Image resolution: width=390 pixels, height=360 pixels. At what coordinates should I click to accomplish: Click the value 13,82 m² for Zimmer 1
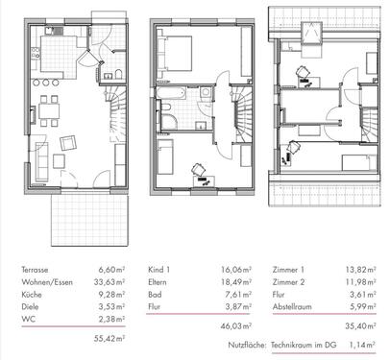(356, 273)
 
